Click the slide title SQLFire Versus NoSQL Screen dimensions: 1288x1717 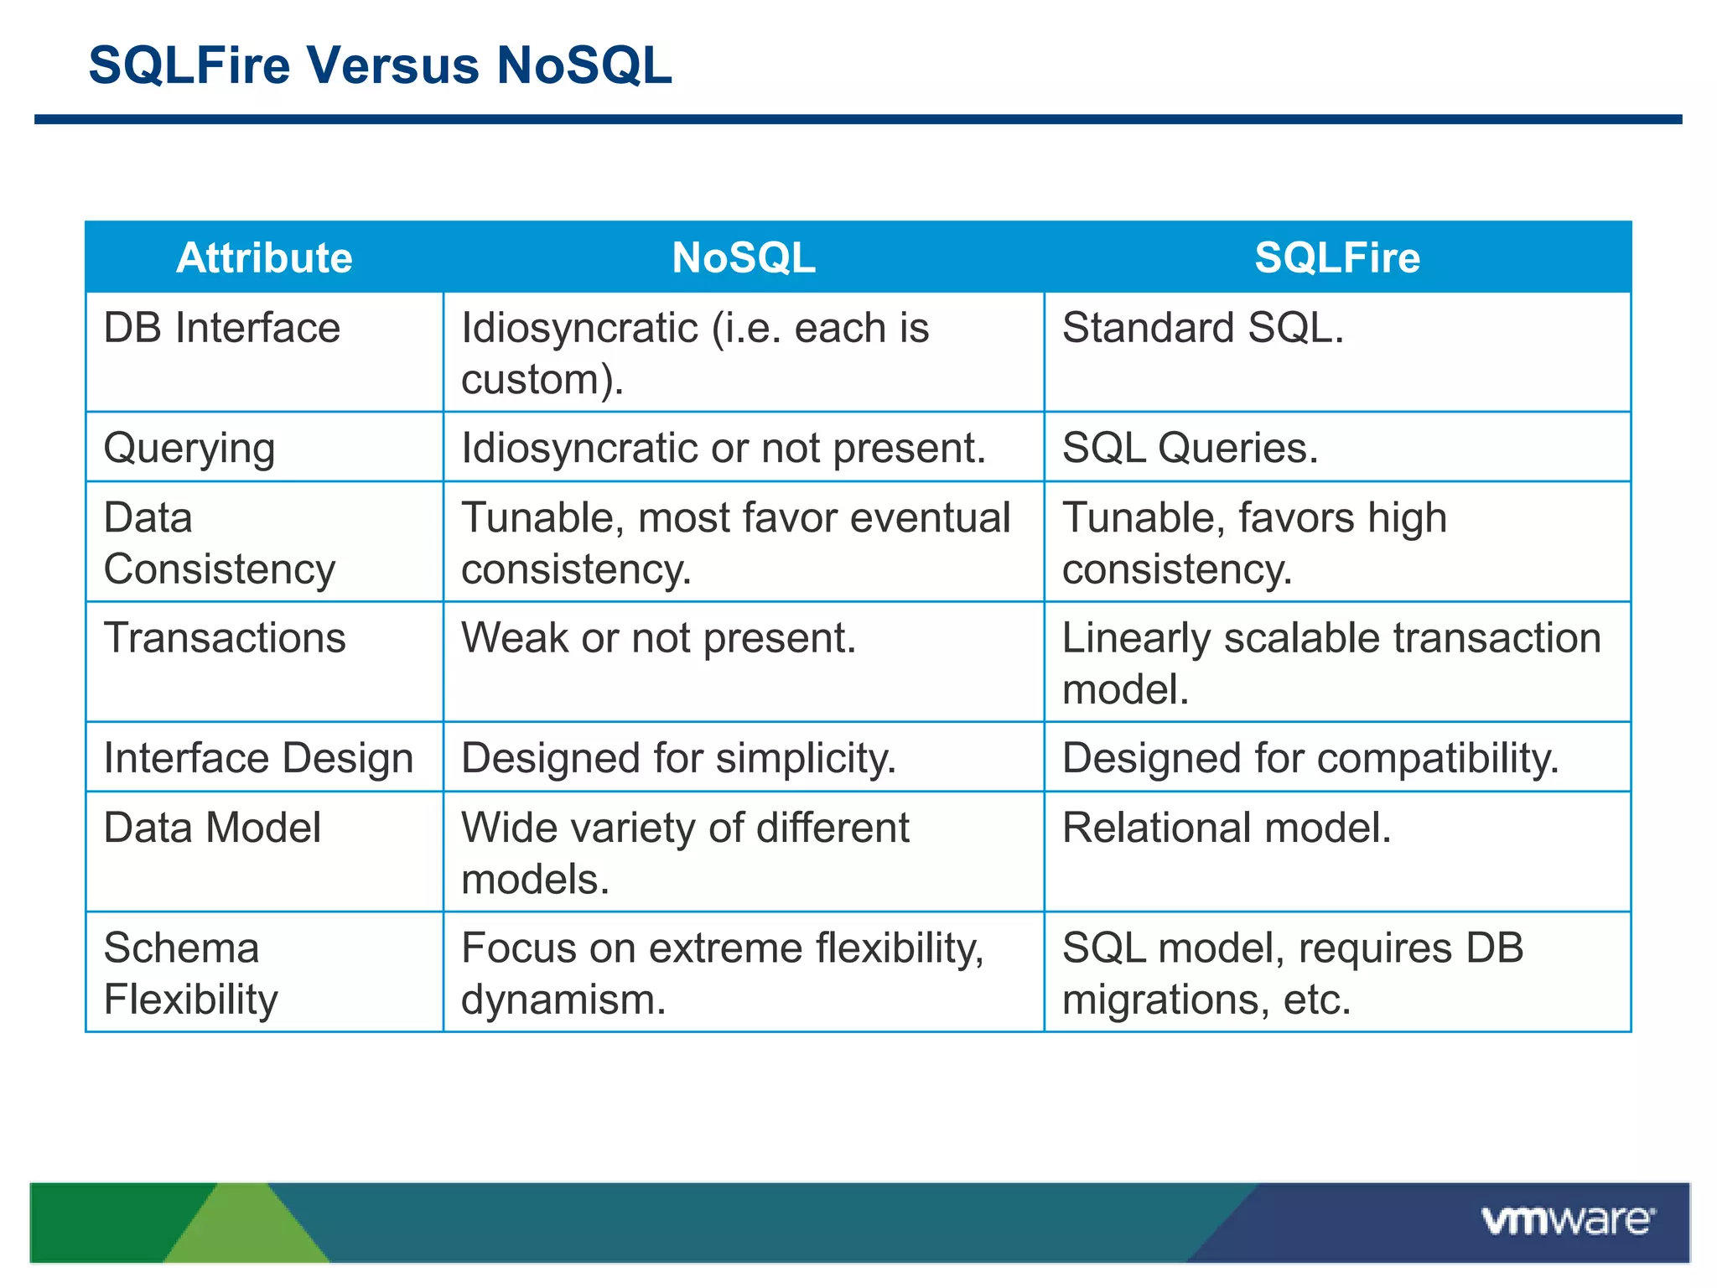click(x=380, y=65)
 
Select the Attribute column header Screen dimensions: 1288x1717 click(x=264, y=257)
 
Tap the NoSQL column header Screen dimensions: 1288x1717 click(x=744, y=257)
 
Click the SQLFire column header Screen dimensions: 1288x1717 click(x=1337, y=257)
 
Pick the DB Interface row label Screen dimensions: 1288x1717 click(x=222, y=328)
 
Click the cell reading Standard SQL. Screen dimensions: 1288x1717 click(x=1202, y=328)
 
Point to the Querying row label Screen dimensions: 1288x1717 click(x=189, y=448)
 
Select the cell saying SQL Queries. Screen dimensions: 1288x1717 click(x=1190, y=448)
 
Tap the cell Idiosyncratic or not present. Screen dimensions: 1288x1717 click(x=723, y=448)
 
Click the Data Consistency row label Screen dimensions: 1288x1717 click(x=220, y=543)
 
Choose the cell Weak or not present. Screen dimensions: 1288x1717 click(x=658, y=638)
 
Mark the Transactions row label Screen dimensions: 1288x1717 click(x=225, y=638)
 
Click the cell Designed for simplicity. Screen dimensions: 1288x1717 click(x=678, y=758)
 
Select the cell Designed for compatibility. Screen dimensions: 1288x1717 click(x=1310, y=758)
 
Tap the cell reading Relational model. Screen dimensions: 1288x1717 click(x=1226, y=828)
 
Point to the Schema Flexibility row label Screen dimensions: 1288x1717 click(x=191, y=974)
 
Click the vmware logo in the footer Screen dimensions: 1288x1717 click(x=1568, y=1221)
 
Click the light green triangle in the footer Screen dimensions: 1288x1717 click(x=245, y=1228)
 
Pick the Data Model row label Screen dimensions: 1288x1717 click(x=212, y=828)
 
